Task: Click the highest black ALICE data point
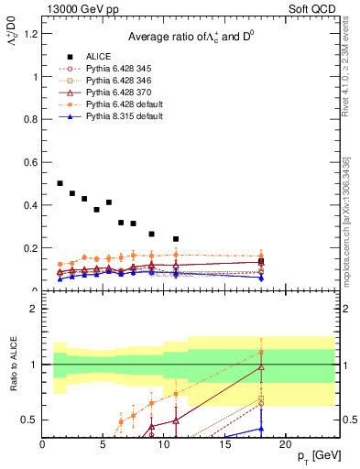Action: pyautogui.click(x=60, y=184)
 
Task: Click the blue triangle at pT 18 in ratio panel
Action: pyautogui.click(x=261, y=428)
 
